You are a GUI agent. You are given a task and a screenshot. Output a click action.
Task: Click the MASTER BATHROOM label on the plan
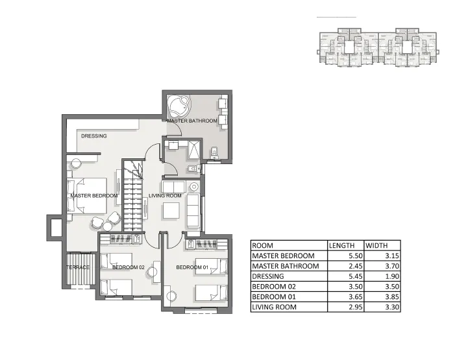192,121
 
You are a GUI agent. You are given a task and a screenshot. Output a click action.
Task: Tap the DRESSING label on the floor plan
94,136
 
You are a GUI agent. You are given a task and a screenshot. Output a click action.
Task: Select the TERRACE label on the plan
78,267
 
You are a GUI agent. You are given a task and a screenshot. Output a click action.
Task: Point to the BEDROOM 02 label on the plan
128,267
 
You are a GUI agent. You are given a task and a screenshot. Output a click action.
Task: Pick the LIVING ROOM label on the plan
165,195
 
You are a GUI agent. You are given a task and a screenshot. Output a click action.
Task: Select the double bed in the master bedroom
88,195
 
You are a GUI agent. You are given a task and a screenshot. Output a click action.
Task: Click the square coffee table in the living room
171,211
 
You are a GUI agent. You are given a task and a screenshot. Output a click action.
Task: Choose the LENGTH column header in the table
341,246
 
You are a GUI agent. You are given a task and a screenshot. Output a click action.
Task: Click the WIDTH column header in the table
376,246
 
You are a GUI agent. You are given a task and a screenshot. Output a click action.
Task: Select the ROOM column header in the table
262,246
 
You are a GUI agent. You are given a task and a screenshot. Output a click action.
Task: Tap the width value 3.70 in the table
389,266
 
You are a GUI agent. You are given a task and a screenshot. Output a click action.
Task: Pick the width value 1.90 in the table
389,276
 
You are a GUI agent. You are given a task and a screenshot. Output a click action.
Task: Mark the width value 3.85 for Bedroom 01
389,296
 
